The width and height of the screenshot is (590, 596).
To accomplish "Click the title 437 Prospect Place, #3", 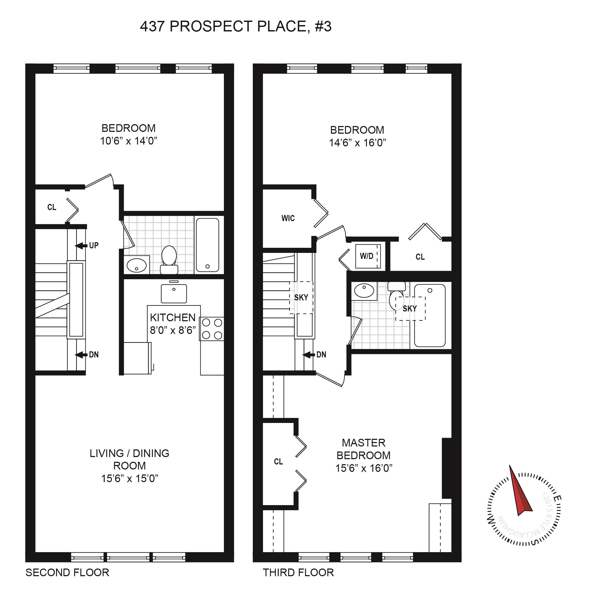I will [x=236, y=26].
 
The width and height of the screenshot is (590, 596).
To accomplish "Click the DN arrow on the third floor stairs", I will [x=308, y=355].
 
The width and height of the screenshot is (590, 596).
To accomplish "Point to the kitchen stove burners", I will [x=212, y=329].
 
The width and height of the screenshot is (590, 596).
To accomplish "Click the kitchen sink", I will [x=174, y=293].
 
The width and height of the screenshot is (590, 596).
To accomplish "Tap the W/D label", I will [x=366, y=256].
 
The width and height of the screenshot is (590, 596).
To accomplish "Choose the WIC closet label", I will [x=288, y=218].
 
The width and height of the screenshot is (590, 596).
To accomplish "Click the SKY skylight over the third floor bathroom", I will [x=410, y=309].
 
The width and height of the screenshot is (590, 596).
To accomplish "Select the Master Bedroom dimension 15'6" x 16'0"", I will [x=364, y=468].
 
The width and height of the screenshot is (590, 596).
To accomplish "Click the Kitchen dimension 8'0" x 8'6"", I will [x=173, y=330].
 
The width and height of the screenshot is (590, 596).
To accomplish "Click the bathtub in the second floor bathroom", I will [x=208, y=245].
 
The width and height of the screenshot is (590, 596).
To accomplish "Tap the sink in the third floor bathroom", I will [x=364, y=291].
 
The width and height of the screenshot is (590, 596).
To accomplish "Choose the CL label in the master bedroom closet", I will [x=278, y=462].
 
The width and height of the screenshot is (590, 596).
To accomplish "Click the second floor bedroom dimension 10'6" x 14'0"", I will [x=128, y=141].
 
